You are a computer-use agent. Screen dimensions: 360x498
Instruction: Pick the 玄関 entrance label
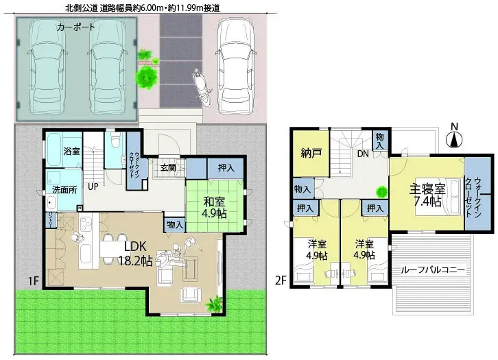pyautogui.click(x=169, y=167)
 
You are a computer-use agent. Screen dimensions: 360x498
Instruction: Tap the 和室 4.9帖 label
pyautogui.click(x=214, y=208)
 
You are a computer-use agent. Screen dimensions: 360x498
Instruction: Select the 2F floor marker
pyautogui.click(x=279, y=280)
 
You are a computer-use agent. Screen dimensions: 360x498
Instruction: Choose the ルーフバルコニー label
pyautogui.click(x=433, y=270)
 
